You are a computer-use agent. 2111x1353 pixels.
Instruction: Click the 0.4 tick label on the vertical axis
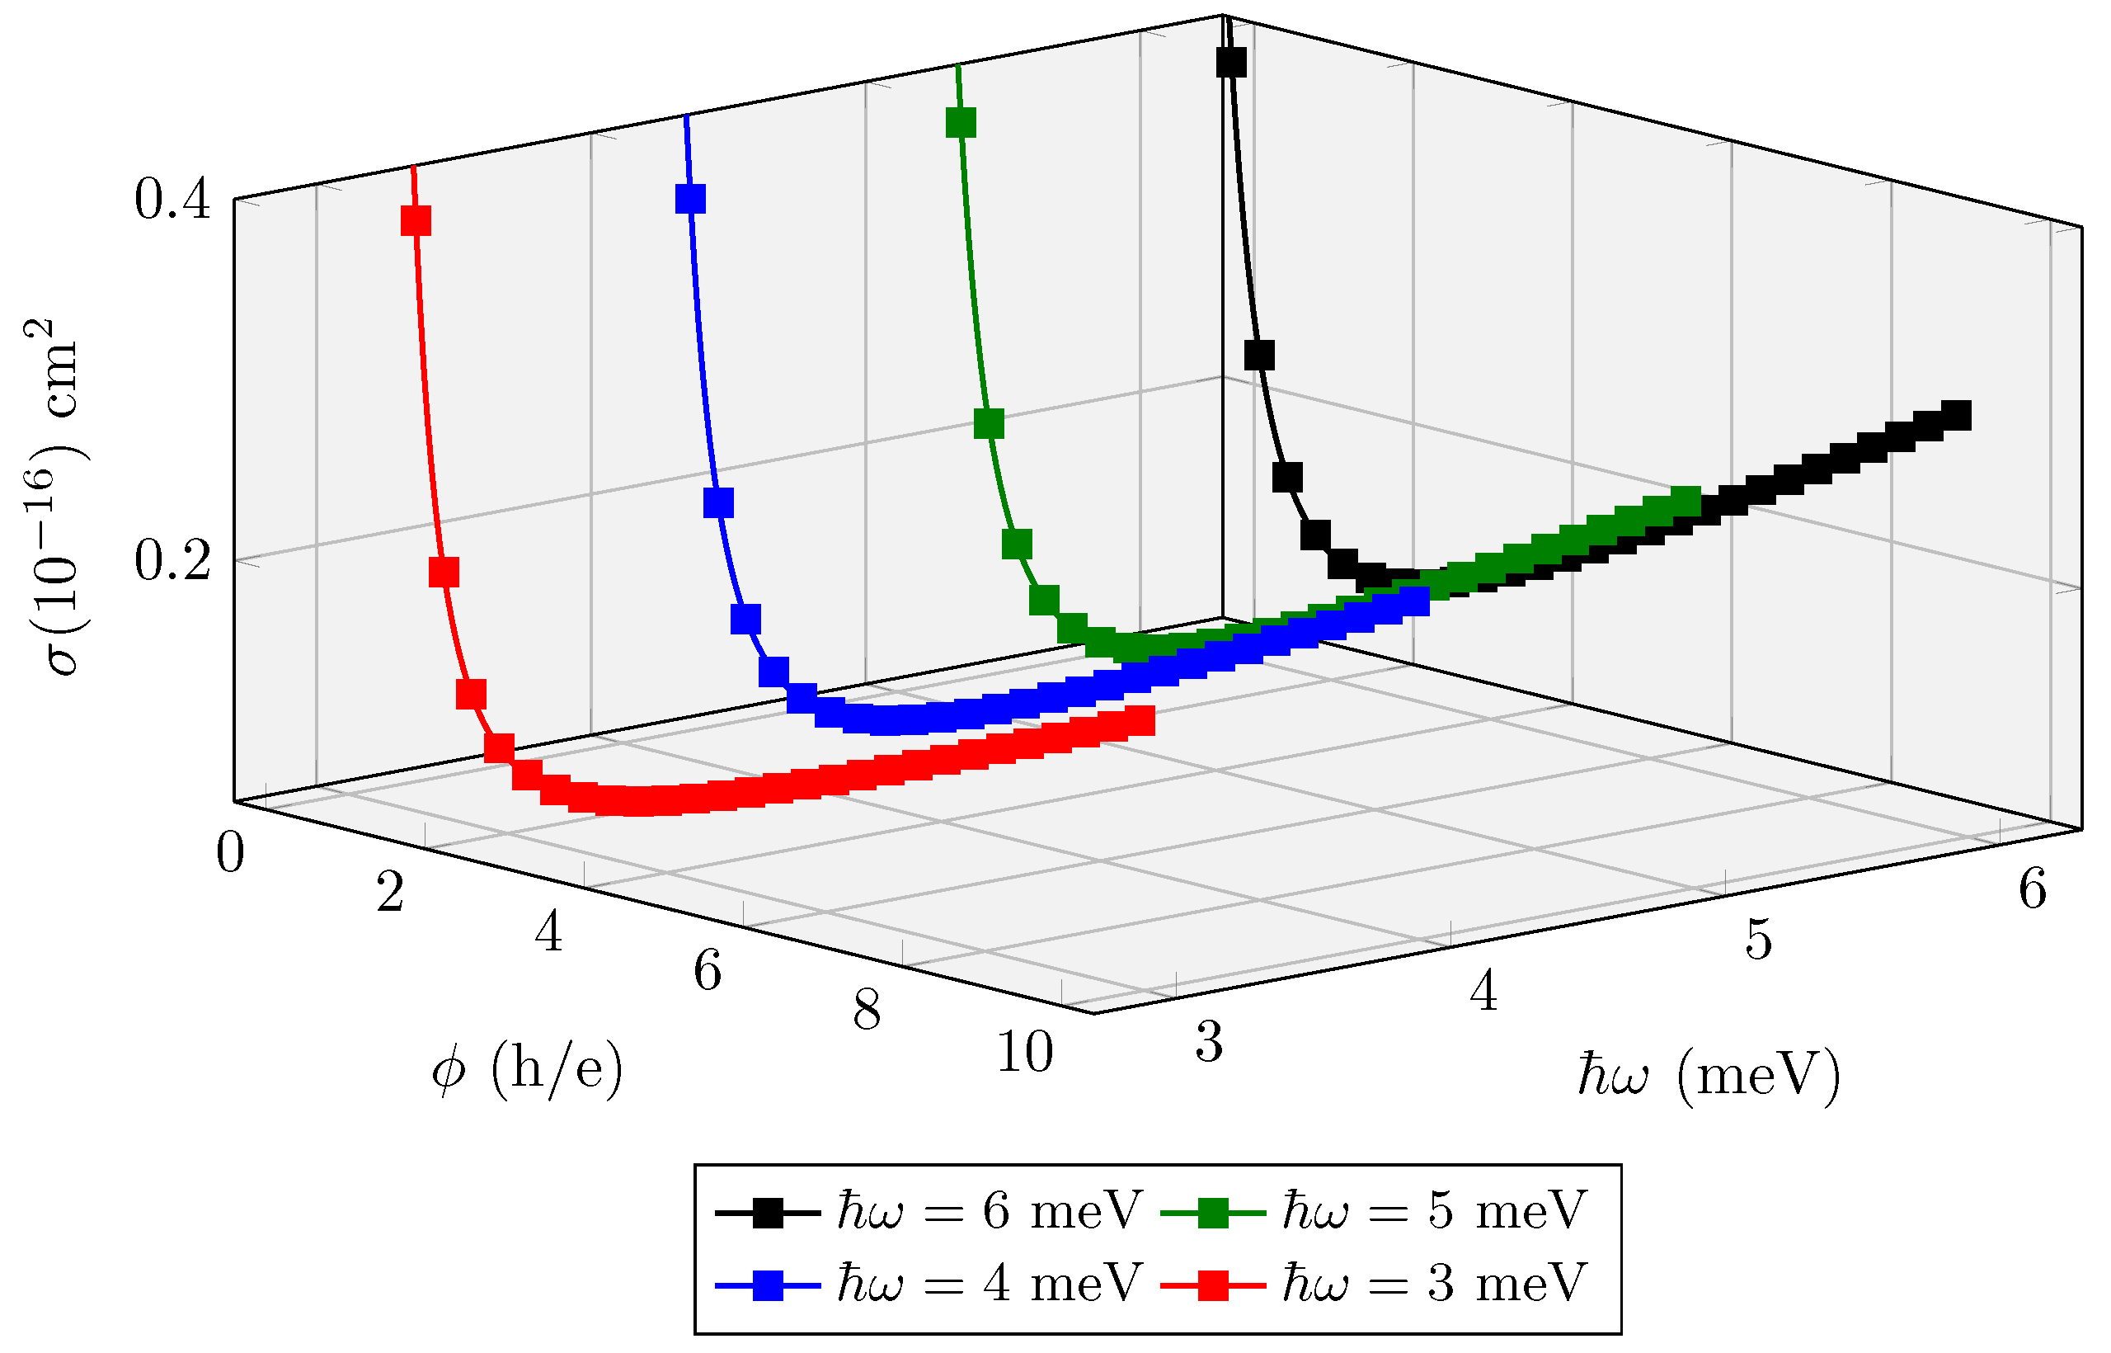[173, 200]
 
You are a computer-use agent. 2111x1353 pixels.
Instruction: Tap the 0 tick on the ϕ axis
[231, 853]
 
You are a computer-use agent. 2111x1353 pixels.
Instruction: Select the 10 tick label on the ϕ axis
[1025, 1053]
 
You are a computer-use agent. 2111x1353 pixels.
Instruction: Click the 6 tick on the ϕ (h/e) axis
[708, 972]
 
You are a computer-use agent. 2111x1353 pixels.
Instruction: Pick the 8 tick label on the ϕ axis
[867, 1011]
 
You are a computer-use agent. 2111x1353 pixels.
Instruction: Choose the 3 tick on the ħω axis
[1209, 1044]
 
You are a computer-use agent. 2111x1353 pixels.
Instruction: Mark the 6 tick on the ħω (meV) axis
[2032, 889]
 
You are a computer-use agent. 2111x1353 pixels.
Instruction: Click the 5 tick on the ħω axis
[1759, 941]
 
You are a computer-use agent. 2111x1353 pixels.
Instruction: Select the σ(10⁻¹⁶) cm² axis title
[54, 497]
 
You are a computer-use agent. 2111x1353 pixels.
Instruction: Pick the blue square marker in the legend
[768, 1285]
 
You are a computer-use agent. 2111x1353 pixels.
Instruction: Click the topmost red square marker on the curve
[416, 220]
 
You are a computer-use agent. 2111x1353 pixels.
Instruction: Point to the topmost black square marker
[1231, 64]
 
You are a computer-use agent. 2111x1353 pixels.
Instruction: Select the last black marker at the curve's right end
[1957, 416]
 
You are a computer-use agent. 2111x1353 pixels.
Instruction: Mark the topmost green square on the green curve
[961, 123]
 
